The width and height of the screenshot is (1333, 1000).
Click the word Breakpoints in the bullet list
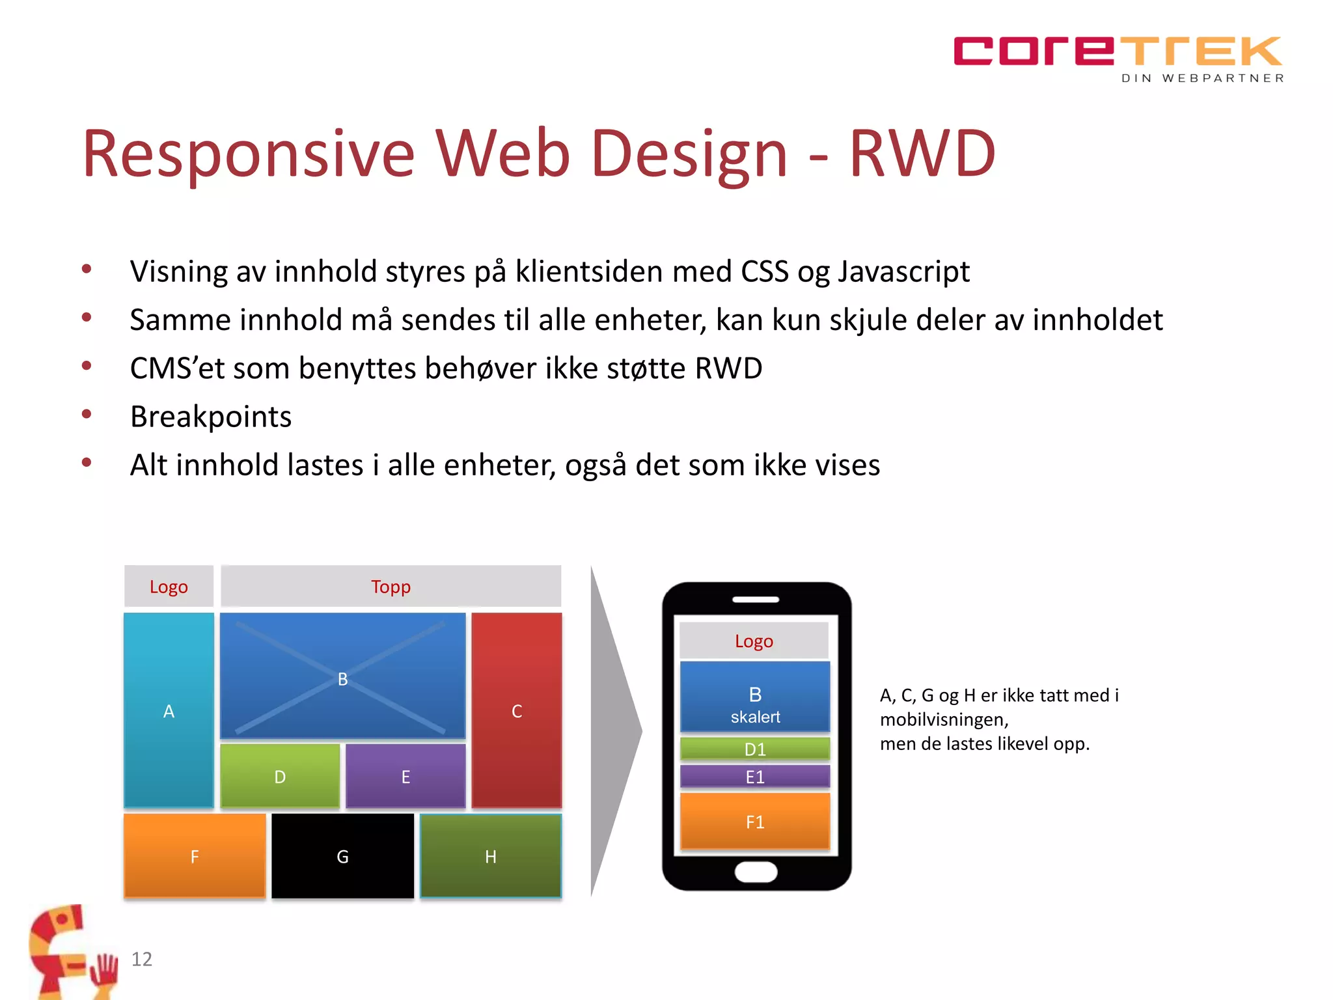[211, 417]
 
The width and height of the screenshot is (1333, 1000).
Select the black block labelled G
[342, 856]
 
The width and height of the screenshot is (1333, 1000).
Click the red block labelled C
[517, 711]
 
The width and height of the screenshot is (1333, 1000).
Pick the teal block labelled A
[169, 711]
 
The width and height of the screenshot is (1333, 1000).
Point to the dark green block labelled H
[491, 856]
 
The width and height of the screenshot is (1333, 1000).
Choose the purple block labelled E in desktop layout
[405, 776]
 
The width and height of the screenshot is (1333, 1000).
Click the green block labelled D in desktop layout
[280, 776]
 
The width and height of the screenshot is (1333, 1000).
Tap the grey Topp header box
[391, 587]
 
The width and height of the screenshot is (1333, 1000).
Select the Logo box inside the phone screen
[754, 641]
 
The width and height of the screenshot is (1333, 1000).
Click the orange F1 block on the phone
[755, 822]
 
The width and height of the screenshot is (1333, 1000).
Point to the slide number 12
[141, 959]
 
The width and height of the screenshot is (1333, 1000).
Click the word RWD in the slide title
[922, 154]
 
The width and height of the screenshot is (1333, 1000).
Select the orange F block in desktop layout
[195, 856]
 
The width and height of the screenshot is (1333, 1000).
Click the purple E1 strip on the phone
[755, 777]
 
